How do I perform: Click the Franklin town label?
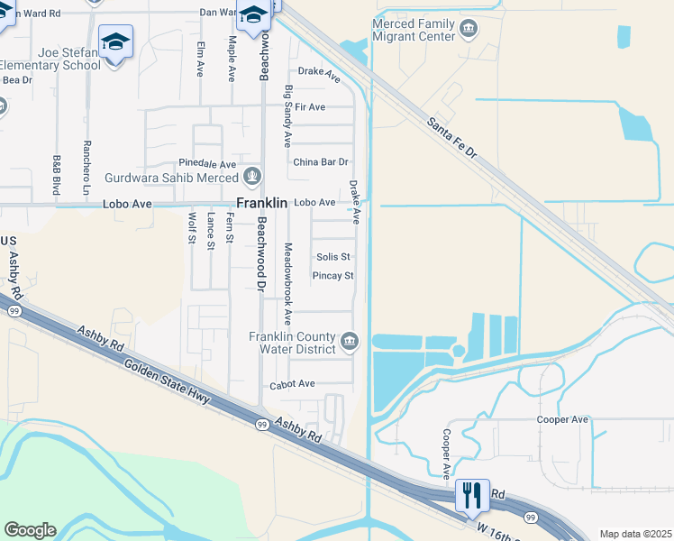[x=261, y=204]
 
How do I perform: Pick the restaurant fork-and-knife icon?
[x=471, y=494]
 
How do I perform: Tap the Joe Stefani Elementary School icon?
[x=115, y=43]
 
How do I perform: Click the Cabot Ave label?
[x=292, y=384]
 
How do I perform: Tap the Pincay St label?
[x=332, y=276]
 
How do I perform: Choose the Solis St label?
[x=332, y=257]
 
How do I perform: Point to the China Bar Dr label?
[x=320, y=162]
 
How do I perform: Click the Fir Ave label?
[x=309, y=107]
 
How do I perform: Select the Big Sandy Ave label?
[x=287, y=115]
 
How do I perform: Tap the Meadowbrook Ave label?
[x=287, y=283]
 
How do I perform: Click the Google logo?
[x=30, y=530]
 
